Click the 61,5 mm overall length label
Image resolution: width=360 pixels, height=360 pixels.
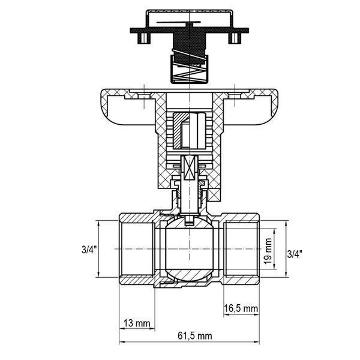click(195, 336)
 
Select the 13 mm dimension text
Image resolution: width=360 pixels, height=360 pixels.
click(137, 323)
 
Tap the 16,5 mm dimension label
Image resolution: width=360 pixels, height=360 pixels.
click(241, 308)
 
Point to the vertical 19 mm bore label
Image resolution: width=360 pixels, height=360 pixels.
click(268, 251)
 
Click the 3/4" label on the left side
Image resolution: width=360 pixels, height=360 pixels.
click(89, 250)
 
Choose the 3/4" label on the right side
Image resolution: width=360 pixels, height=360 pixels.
click(295, 254)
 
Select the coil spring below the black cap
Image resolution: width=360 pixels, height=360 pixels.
click(190, 67)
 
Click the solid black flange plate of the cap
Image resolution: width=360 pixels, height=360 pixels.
click(190, 31)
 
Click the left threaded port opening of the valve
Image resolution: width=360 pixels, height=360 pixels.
click(137, 249)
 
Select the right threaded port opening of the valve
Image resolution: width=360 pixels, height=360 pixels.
click(242, 249)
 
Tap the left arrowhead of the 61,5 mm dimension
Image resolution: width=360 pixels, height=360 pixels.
click(122, 342)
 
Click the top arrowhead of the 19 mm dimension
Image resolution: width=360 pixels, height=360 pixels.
click(274, 232)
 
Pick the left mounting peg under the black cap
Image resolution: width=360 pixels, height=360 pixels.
click(144, 38)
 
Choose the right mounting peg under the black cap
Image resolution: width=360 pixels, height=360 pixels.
click(235, 38)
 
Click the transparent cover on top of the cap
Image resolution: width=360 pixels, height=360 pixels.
click(190, 19)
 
